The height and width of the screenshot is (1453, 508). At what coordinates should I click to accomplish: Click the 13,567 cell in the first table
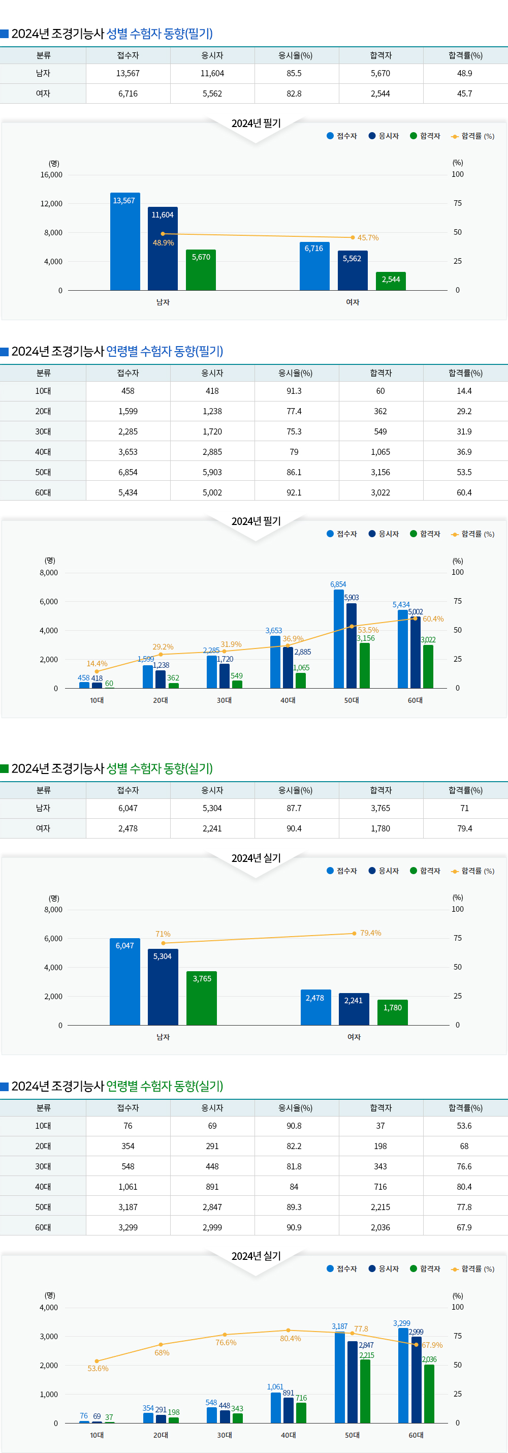click(x=128, y=73)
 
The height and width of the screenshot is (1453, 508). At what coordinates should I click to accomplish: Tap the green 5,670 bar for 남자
click(x=201, y=271)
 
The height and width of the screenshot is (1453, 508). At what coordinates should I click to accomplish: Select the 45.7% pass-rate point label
click(x=368, y=237)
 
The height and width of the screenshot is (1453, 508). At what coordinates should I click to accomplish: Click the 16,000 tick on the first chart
click(x=51, y=175)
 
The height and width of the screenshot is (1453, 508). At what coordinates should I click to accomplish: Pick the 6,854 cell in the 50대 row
click(x=128, y=472)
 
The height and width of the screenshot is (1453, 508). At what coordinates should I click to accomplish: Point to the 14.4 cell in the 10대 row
click(x=464, y=391)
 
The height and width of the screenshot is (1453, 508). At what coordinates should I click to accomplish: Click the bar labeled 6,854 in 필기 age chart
click(x=338, y=637)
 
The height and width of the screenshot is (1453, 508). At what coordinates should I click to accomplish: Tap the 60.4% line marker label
click(x=433, y=619)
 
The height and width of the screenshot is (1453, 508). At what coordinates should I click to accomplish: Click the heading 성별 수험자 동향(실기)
click(x=160, y=768)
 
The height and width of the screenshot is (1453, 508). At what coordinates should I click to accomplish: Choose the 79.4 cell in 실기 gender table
click(x=464, y=828)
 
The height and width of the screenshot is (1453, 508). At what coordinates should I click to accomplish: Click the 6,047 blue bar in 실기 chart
click(x=124, y=981)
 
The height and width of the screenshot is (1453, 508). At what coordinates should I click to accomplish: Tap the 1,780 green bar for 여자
click(x=392, y=1012)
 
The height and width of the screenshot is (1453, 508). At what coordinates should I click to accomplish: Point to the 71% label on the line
click(x=163, y=934)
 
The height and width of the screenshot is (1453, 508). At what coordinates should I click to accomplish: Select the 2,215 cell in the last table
click(x=380, y=1207)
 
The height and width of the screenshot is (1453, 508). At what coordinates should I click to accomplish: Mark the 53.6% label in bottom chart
click(x=98, y=1369)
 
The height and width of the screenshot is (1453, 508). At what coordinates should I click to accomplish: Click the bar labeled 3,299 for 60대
click(x=402, y=1376)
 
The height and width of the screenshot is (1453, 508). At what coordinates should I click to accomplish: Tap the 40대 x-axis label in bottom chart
click(x=288, y=1435)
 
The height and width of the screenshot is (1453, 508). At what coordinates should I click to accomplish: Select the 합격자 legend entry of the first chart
click(x=426, y=136)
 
